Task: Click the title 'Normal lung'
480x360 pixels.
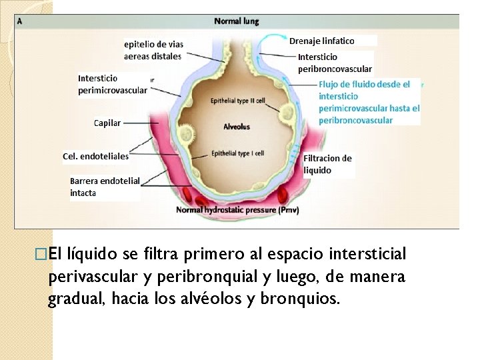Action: coord(236,21)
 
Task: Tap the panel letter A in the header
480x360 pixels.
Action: coord(20,21)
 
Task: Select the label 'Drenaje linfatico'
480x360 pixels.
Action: coord(322,41)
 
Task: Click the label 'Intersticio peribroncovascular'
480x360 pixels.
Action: coord(335,63)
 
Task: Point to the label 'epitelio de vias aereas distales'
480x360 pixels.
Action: coord(153,50)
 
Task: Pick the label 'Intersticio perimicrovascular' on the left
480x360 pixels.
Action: coord(113,84)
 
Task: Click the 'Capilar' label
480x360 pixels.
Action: coord(107,123)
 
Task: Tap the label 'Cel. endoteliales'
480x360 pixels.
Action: coord(95,157)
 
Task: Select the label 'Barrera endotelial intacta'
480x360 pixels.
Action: coord(105,187)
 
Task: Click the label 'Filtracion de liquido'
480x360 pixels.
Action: coord(327,164)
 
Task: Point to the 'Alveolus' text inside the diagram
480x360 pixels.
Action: coord(237,127)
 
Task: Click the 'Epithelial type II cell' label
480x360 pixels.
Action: coord(237,101)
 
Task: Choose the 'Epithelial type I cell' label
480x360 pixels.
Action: coord(237,153)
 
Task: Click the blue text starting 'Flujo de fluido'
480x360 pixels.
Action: coord(369,103)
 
